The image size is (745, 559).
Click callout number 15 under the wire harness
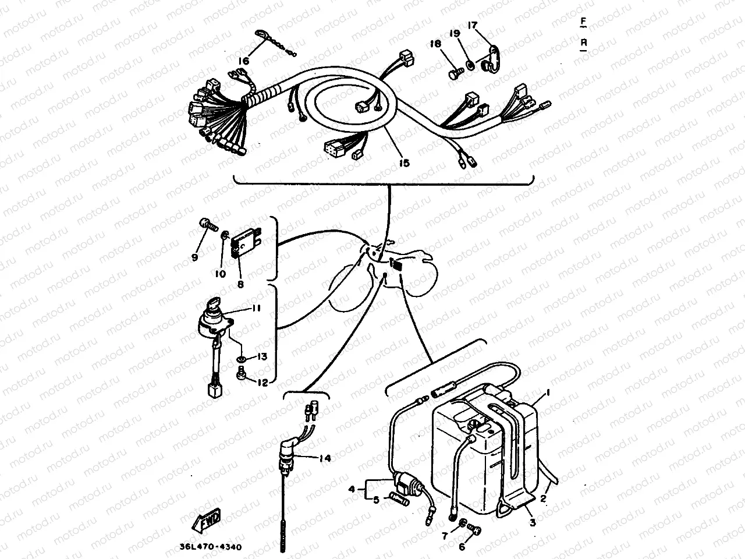pos(405,163)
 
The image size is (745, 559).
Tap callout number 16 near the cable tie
pos(243,61)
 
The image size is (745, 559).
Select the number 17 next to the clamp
pos(472,26)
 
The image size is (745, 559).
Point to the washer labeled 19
pos(469,61)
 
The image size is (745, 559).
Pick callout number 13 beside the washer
pos(261,357)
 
